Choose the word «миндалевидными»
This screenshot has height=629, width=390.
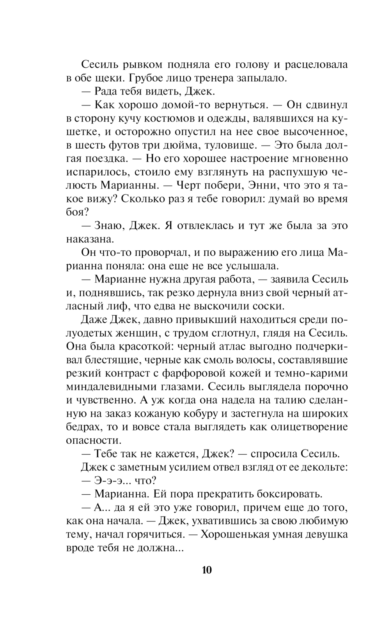108,387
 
